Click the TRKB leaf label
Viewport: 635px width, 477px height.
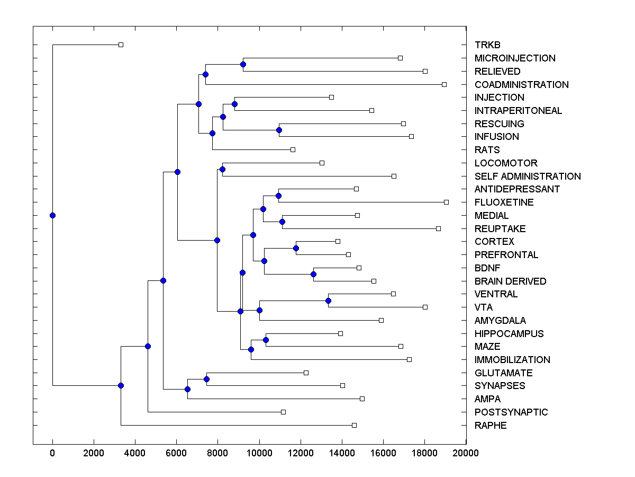(487, 45)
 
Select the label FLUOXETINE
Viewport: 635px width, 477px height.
(504, 202)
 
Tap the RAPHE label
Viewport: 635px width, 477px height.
(491, 426)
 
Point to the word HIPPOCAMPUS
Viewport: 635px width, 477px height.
(509, 334)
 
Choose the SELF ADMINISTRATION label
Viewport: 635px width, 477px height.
(528, 176)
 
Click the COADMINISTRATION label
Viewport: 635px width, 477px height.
(521, 85)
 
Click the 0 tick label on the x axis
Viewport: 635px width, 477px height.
(52, 453)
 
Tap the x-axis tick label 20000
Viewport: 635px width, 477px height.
(466, 453)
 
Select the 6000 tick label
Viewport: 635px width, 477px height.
(176, 453)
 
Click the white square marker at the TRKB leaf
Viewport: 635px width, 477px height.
(121, 45)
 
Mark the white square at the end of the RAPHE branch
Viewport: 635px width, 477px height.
(354, 425)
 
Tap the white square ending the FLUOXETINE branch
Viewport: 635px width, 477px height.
(446, 202)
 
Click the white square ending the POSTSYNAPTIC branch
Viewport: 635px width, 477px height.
(283, 412)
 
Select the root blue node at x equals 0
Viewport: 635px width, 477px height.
(52, 215)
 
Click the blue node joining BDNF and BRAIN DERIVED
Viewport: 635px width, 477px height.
(313, 274)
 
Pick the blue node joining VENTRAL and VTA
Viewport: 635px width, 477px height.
(328, 301)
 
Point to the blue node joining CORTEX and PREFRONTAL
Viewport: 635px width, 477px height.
(296, 248)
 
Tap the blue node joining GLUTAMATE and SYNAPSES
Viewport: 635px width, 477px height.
(206, 379)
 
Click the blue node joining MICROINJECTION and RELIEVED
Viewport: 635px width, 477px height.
(243, 65)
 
